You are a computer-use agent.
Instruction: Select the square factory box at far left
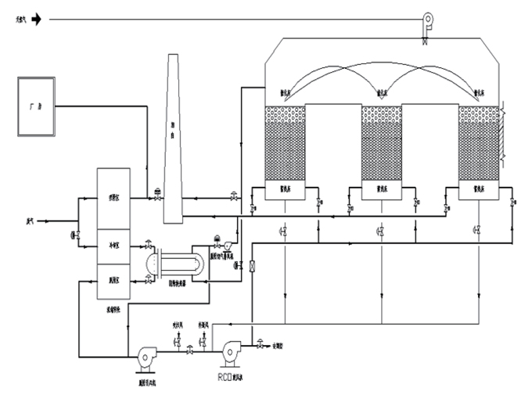[x=38, y=106]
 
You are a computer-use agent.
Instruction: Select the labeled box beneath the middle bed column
[x=381, y=189]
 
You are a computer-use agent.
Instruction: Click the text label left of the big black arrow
[x=10, y=20]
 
